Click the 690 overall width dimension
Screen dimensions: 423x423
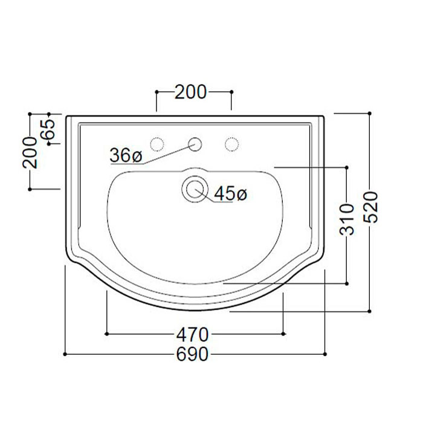(x=192, y=354)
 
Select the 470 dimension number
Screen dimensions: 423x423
(x=192, y=335)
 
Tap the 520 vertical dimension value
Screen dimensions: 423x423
(x=370, y=207)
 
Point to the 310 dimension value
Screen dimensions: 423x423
(x=347, y=219)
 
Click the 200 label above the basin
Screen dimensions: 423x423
(x=190, y=92)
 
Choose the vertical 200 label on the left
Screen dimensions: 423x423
(x=30, y=153)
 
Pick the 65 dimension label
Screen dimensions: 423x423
(x=49, y=129)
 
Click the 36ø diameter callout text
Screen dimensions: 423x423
(x=126, y=155)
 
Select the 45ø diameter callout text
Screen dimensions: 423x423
(x=231, y=193)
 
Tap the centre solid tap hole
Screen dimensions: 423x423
(x=195, y=144)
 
